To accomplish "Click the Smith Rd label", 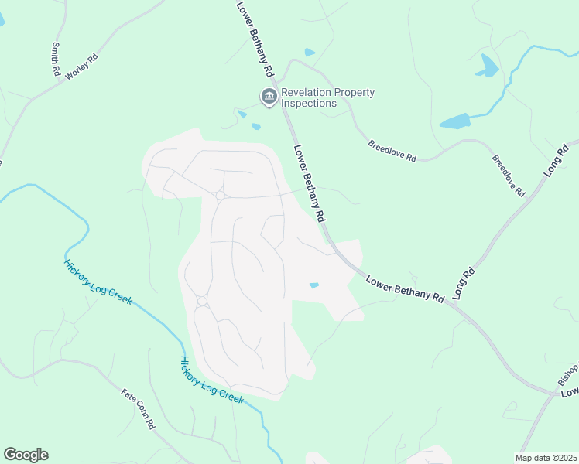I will tap(56, 59).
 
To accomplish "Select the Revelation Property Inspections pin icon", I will tap(269, 97).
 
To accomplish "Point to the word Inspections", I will tap(309, 103).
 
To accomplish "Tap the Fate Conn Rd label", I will tap(139, 409).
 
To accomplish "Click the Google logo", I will tap(26, 455).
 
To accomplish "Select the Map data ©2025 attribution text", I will tap(546, 458).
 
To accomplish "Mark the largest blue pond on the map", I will tap(456, 121).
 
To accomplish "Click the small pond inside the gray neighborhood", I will tap(313, 285).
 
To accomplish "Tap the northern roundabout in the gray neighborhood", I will tap(220, 196).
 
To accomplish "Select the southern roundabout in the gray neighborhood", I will tap(202, 300).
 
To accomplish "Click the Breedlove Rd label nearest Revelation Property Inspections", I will tap(392, 151).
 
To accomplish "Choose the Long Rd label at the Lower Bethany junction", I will tap(463, 284).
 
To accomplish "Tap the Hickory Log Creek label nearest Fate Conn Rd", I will tap(211, 380).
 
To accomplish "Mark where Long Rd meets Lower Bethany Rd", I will tap(455, 305).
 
